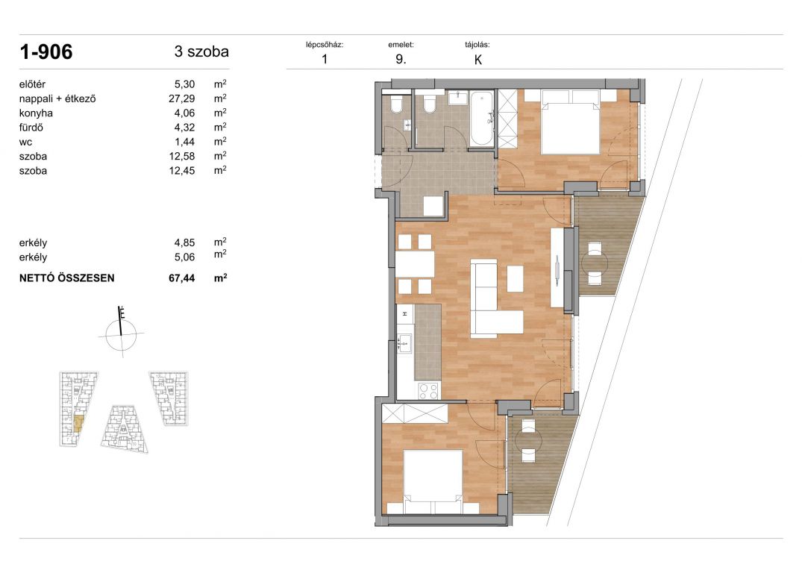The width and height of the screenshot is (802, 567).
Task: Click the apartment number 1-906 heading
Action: (x=46, y=51)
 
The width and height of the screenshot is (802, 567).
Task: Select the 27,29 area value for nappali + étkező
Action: (x=181, y=98)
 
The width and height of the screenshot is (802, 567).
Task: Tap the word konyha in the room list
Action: (x=36, y=113)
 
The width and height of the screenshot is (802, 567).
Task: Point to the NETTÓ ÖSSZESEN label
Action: (x=67, y=278)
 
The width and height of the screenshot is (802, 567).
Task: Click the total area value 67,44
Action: (x=181, y=278)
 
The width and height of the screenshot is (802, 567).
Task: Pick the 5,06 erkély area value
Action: (x=184, y=257)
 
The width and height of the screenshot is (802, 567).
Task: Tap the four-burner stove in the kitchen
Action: (x=428, y=391)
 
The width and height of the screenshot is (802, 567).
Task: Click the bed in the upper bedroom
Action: (x=570, y=122)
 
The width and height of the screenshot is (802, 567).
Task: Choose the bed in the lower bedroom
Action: (x=433, y=482)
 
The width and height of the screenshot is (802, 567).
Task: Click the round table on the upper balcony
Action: (x=595, y=264)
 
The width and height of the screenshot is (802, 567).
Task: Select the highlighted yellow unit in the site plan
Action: (x=78, y=425)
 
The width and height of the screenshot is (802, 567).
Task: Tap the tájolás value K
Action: (x=478, y=60)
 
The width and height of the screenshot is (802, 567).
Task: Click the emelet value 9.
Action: (x=401, y=59)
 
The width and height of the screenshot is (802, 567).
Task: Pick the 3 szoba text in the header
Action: (x=201, y=51)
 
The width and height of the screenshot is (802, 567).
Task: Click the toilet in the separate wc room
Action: (x=396, y=105)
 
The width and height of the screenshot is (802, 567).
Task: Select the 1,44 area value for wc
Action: (x=184, y=142)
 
